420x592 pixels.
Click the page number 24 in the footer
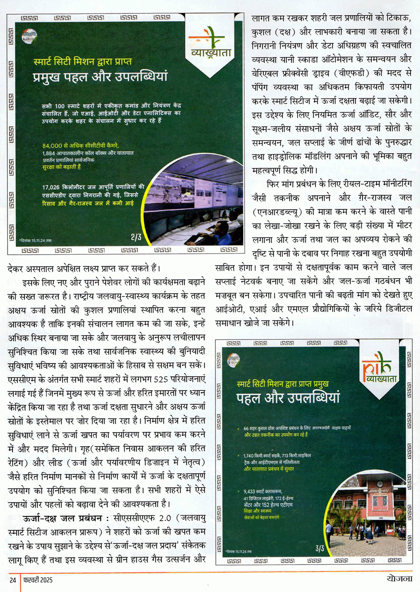pos(13,580)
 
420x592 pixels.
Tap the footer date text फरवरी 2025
pos(38,580)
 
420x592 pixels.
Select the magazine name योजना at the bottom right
pos(399,579)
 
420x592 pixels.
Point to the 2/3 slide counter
pos(136,237)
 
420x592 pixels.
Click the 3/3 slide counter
pos(319,548)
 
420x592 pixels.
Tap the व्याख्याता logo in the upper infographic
pos(211,45)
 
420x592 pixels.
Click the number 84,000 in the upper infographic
pos(52,146)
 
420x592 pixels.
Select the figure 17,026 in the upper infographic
pos(51,187)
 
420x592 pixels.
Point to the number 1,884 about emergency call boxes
pos(48,153)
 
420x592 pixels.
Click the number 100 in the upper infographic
pos(60,106)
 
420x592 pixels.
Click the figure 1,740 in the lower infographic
pos(250,455)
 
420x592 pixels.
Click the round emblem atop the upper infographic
pos(29,35)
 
